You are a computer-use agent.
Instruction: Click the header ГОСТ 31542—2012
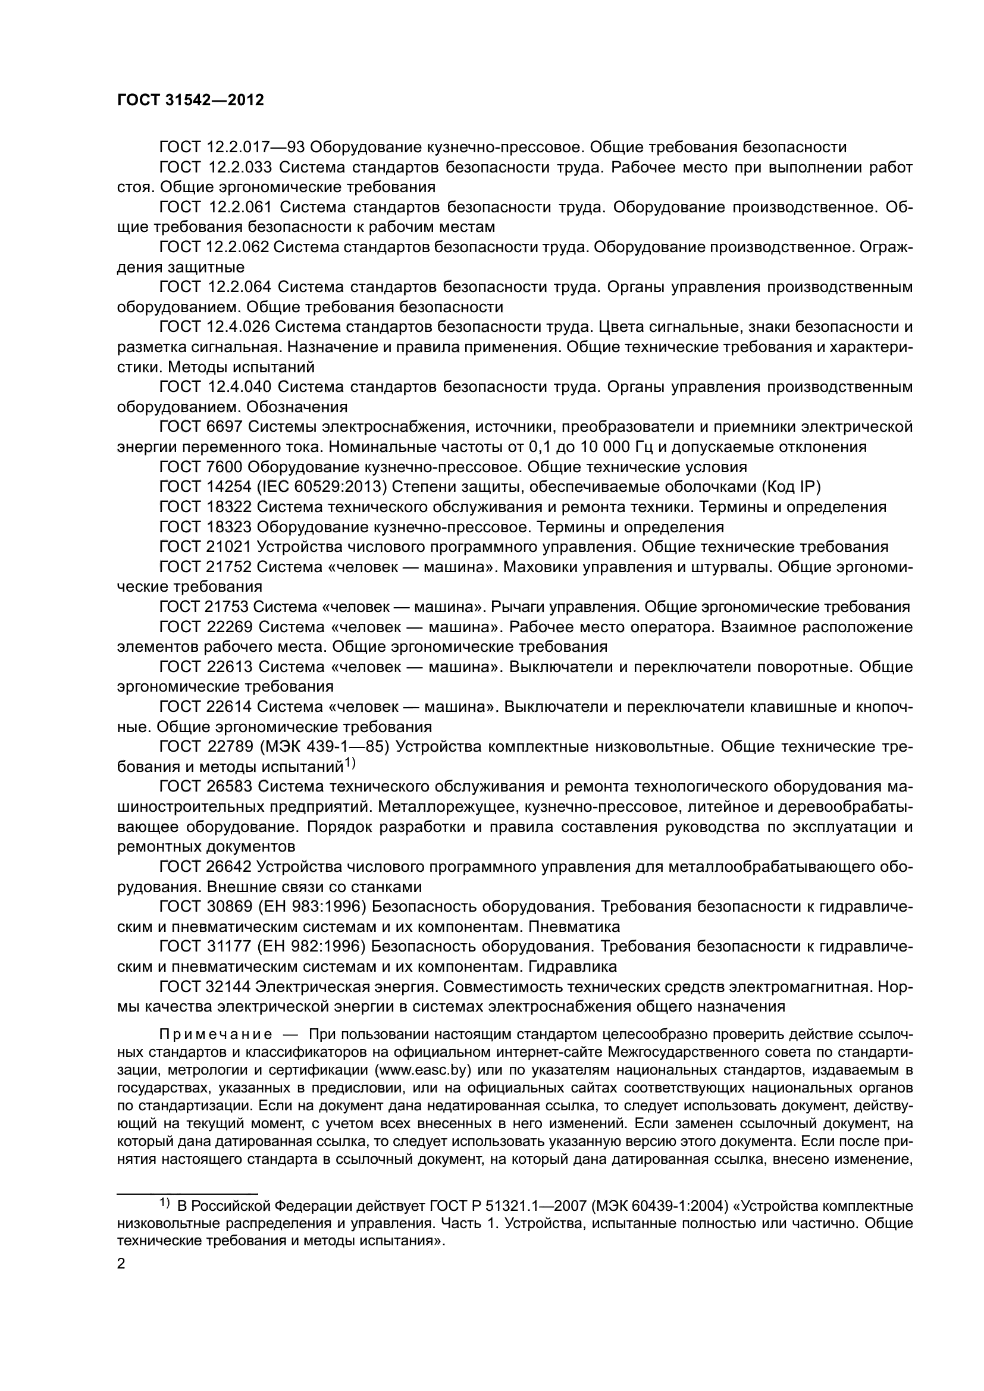(x=190, y=101)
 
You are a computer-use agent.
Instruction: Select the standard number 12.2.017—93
(x=257, y=147)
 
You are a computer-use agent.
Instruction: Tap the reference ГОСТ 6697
(x=200, y=427)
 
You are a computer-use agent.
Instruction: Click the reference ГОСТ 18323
(x=205, y=527)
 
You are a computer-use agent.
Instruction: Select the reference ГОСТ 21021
(x=205, y=547)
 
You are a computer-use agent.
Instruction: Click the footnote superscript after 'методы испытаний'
(x=350, y=764)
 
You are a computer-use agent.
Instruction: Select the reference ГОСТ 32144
(x=205, y=987)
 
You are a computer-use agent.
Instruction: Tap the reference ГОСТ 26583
(x=205, y=787)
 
